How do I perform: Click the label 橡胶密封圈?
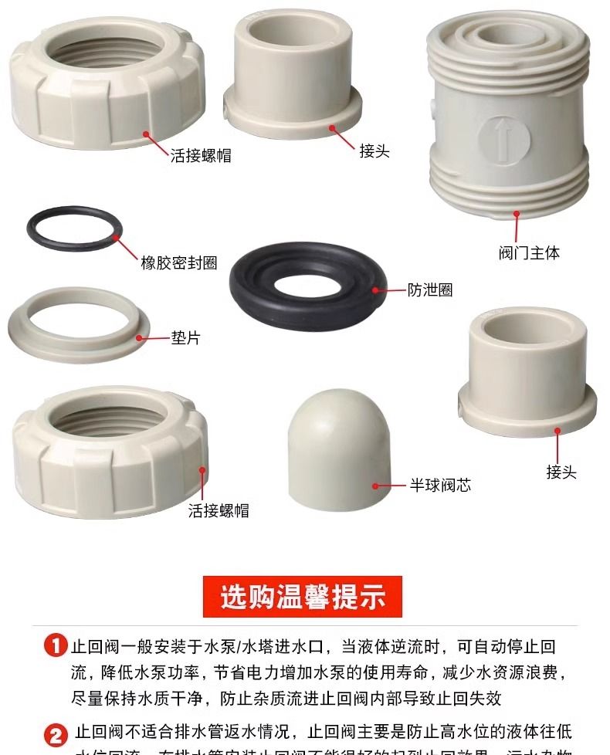[178, 263]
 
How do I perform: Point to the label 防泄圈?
[430, 290]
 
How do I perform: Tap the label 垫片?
[185, 337]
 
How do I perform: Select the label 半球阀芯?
[439, 486]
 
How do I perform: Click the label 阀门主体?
[529, 252]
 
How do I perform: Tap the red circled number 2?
[56, 733]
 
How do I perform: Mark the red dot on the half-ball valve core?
[376, 486]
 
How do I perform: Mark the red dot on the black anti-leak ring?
[375, 290]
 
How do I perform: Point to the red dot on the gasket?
[140, 337]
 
